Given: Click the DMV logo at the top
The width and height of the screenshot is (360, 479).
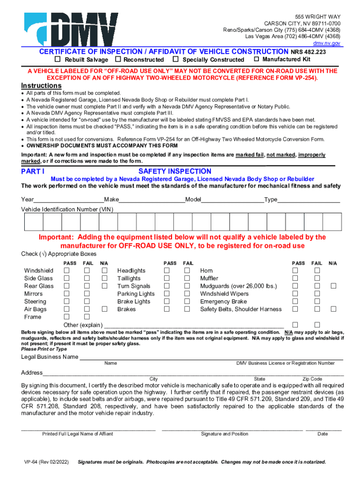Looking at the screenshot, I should pyautogui.click(x=72, y=29).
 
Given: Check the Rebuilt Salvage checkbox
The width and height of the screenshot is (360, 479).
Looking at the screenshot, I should pyautogui.click(x=58, y=59).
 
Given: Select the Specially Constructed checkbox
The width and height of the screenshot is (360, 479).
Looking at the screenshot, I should pyautogui.click(x=175, y=59).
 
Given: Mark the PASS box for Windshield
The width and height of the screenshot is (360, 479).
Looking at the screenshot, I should pyautogui.click(x=67, y=270).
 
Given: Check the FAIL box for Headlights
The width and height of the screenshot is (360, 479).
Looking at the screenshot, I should pyautogui.click(x=187, y=270).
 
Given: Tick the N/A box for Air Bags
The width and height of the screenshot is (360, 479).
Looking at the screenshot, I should pyautogui.click(x=105, y=309).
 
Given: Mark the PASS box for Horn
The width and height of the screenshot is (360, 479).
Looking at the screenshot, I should pyautogui.click(x=295, y=270).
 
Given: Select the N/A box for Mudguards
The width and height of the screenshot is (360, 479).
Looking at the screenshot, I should pyautogui.click(x=333, y=286).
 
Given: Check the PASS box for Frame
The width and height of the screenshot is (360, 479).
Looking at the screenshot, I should pyautogui.click(x=67, y=317).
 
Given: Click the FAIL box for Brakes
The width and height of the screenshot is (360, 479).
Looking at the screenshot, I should pyautogui.click(x=187, y=309).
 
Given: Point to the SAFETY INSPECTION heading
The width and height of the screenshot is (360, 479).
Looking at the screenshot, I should pyautogui.click(x=175, y=172).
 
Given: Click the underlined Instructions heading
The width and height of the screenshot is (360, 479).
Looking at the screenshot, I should pyautogui.click(x=41, y=86).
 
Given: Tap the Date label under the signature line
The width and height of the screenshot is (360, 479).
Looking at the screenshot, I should pyautogui.click(x=323, y=434).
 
